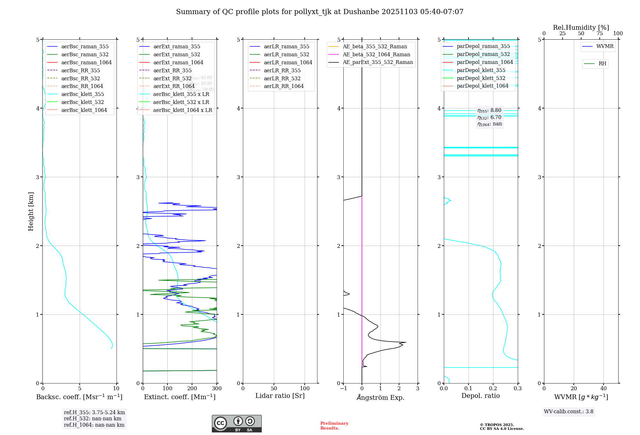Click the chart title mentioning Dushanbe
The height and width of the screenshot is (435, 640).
[x=320, y=12]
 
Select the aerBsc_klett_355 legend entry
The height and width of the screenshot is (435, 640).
[x=83, y=94]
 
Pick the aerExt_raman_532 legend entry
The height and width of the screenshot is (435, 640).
[x=177, y=54]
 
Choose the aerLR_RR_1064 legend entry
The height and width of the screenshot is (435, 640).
[x=284, y=86]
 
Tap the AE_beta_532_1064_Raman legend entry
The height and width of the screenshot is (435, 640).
[x=376, y=54]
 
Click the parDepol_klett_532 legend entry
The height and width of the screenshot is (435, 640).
[x=481, y=78]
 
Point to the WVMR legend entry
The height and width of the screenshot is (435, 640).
[x=605, y=46]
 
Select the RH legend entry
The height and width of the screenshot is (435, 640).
[x=602, y=64]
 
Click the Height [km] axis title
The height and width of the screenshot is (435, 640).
[x=31, y=211]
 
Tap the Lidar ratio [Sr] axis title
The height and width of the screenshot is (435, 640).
[x=280, y=396]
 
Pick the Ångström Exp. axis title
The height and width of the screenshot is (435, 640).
[x=380, y=397]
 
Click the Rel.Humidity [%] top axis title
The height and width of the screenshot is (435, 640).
[x=581, y=28]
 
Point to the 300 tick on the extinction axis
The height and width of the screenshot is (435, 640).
[x=217, y=388]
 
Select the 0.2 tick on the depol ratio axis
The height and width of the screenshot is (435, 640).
[x=493, y=388]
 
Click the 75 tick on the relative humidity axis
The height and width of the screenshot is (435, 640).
[x=599, y=34]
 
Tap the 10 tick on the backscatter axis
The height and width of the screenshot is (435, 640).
[x=116, y=388]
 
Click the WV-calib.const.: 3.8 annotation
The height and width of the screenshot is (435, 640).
[x=568, y=412]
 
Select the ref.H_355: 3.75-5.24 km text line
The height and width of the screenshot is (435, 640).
[x=94, y=412]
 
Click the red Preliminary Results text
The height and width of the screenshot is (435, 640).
[x=334, y=426]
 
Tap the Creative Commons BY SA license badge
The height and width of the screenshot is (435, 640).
[x=236, y=423]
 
